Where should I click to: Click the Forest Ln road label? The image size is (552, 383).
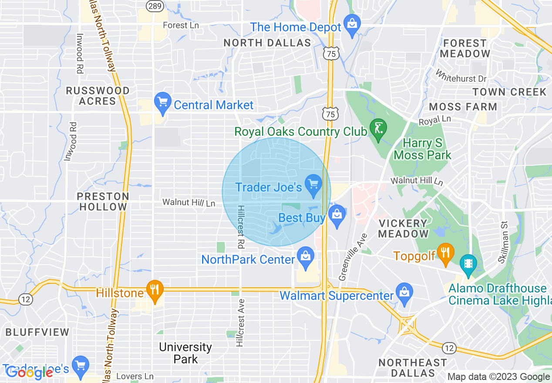(x=181, y=25)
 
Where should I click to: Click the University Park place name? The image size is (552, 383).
(x=185, y=353)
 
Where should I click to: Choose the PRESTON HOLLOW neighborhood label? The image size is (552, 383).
(x=103, y=202)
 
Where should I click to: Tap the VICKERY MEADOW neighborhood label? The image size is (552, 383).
(x=403, y=228)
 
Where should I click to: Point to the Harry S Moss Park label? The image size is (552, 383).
(x=422, y=149)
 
